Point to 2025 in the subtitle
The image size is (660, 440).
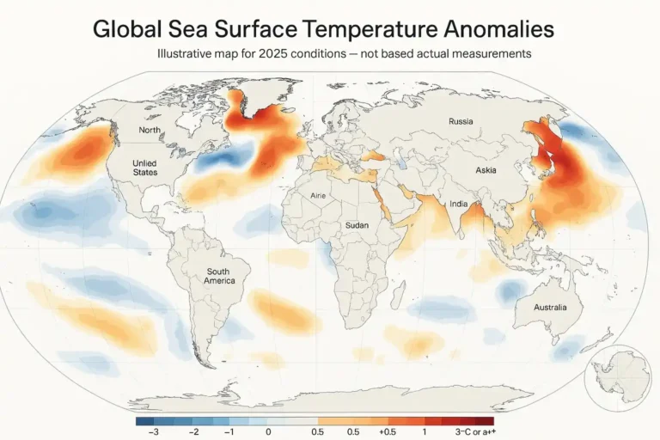[x=272, y=53]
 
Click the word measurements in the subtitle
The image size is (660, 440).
[x=489, y=53]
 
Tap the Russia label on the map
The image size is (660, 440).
[x=461, y=122]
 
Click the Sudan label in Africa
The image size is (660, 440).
[x=357, y=225]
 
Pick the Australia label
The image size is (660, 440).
[x=550, y=307]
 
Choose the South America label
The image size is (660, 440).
[x=220, y=276]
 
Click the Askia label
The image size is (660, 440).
[x=486, y=171]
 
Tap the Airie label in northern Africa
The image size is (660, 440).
[x=320, y=195]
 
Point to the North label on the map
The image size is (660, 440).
[x=150, y=131]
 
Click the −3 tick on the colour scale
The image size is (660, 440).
[x=153, y=431]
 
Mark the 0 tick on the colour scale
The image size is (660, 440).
[x=269, y=431]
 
